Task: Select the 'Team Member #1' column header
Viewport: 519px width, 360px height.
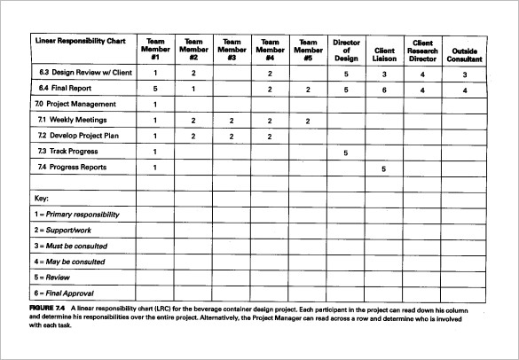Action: click(155, 50)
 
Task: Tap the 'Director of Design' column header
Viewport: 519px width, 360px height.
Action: click(346, 50)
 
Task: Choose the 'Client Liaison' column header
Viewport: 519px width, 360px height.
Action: click(384, 55)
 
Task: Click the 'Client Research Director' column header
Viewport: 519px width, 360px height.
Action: click(422, 50)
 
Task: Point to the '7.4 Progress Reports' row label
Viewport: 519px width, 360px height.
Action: click(74, 167)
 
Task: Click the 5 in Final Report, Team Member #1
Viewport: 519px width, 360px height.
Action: click(155, 90)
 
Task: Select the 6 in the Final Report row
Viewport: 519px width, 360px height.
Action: click(384, 90)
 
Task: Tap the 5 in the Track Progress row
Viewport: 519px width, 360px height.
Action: click(346, 153)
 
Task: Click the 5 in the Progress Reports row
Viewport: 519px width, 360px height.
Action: click(384, 168)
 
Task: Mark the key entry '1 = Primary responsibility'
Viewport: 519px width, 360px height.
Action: click(76, 215)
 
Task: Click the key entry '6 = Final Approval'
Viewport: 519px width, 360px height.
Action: click(65, 293)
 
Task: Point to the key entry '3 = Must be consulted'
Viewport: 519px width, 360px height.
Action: click(71, 246)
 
